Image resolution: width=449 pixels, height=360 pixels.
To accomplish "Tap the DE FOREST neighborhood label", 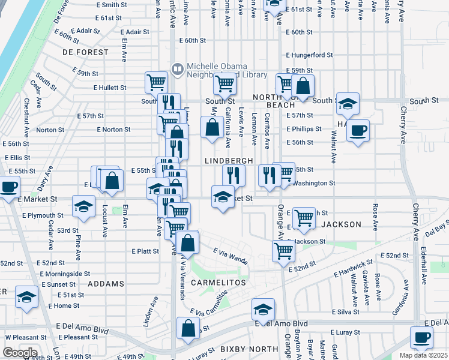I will point(85,52).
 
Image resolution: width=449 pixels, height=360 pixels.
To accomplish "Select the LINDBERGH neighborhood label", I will point(227,161).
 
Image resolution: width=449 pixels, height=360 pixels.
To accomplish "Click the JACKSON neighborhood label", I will point(341,224).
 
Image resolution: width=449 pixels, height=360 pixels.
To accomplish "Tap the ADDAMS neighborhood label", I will point(106,283).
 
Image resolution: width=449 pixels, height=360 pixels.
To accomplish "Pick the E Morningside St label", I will point(64,274).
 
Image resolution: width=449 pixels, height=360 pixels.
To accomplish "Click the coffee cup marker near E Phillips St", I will point(358,130).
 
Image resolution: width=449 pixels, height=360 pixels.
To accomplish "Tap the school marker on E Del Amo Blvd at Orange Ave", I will point(263,310).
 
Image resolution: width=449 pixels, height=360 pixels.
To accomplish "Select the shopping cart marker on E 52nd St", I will point(283,250).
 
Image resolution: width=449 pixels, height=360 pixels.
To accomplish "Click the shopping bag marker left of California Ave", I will point(212,127).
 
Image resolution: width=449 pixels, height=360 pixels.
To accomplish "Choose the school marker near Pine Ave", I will point(83,207).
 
